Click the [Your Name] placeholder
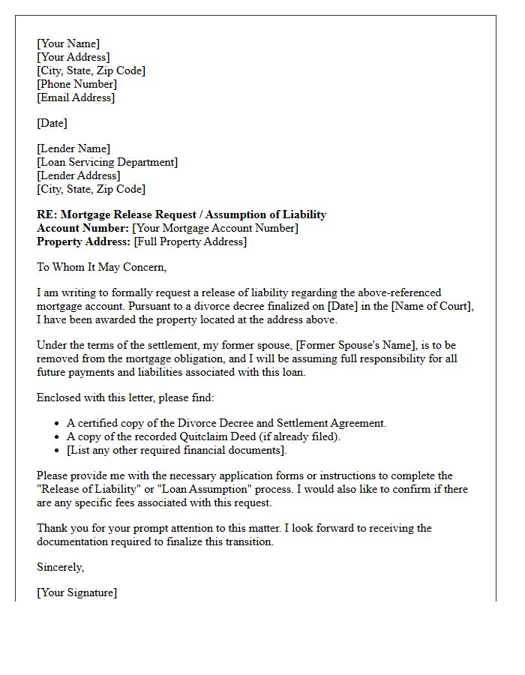(x=68, y=43)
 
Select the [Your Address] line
(x=73, y=57)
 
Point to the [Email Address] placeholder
(x=76, y=97)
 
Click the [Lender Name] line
(x=73, y=148)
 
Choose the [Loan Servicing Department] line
(x=107, y=162)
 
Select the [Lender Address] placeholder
(x=79, y=175)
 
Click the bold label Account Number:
(x=82, y=228)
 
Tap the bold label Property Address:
(x=83, y=241)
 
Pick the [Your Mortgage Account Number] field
(x=215, y=228)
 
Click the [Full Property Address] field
(x=190, y=241)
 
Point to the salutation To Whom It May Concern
(x=101, y=267)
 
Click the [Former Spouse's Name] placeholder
(x=352, y=345)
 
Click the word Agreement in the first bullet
(x=357, y=423)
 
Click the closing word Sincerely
(x=60, y=567)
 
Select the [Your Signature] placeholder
(x=77, y=592)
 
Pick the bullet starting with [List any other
(x=177, y=450)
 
